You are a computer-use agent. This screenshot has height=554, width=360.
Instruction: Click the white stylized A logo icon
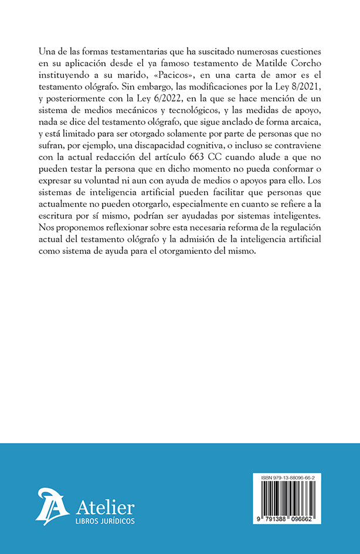(x=53, y=505)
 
